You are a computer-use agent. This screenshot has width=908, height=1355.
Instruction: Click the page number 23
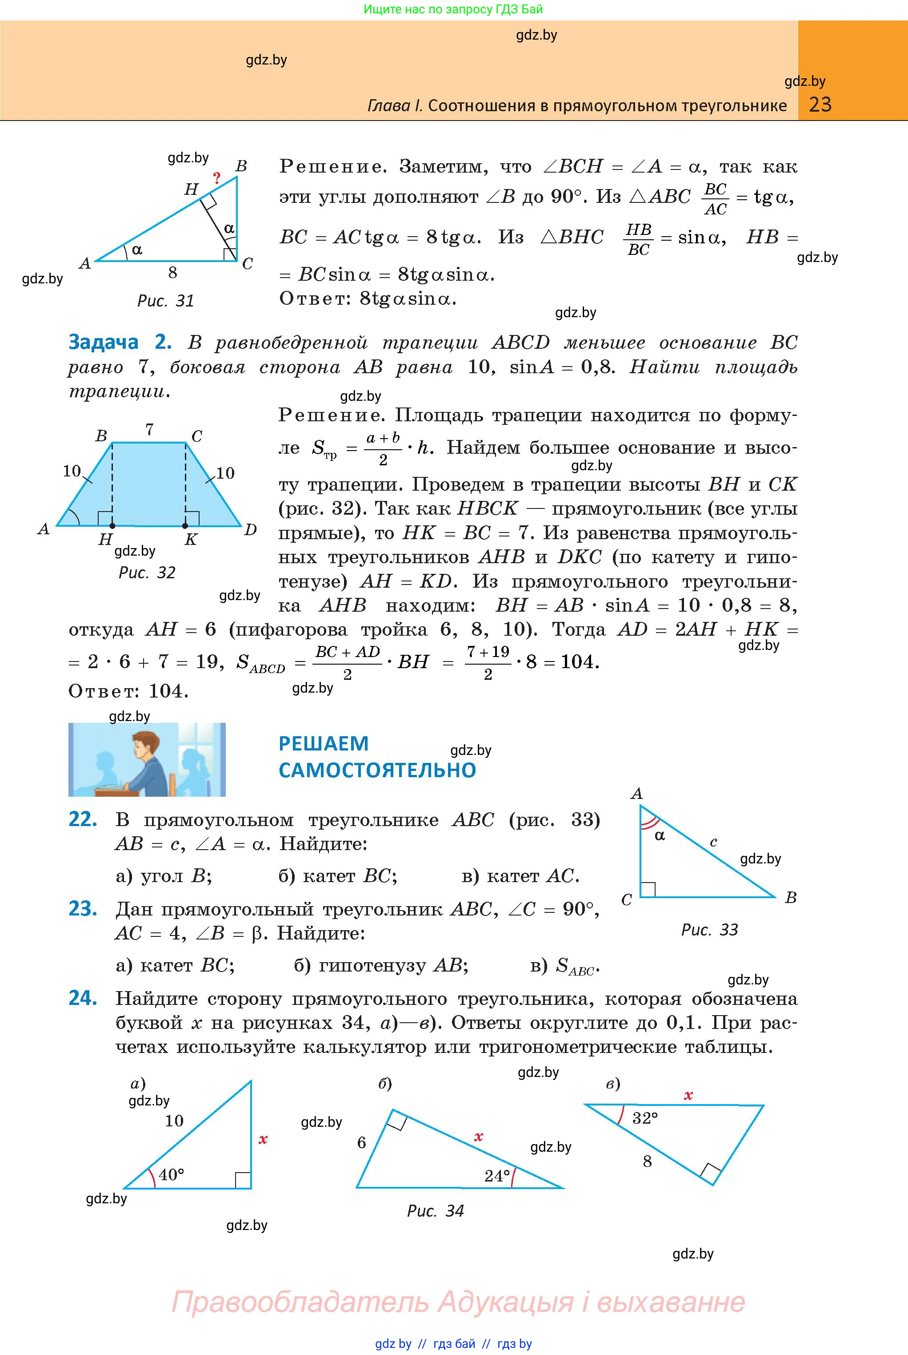coord(820,105)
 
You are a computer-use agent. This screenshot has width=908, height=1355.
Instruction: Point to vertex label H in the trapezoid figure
coord(105,539)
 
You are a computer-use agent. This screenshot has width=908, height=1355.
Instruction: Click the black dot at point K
coord(185,526)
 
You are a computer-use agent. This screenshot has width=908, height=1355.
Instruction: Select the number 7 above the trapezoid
coord(149,429)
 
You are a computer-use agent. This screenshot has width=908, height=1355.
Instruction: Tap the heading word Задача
coord(103,342)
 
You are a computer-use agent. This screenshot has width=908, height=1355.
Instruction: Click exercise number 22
coord(82,819)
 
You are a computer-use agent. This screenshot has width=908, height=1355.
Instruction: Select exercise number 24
coord(82,998)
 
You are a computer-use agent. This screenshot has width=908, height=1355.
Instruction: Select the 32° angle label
coord(645,1118)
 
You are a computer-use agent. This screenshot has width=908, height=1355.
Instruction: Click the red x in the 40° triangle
coord(263,1139)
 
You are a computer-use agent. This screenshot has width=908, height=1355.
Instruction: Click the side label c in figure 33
coord(713,842)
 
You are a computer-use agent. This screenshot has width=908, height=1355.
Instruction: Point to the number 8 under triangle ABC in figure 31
coord(172,272)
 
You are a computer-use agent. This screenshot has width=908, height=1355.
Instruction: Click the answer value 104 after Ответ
coord(168,691)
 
